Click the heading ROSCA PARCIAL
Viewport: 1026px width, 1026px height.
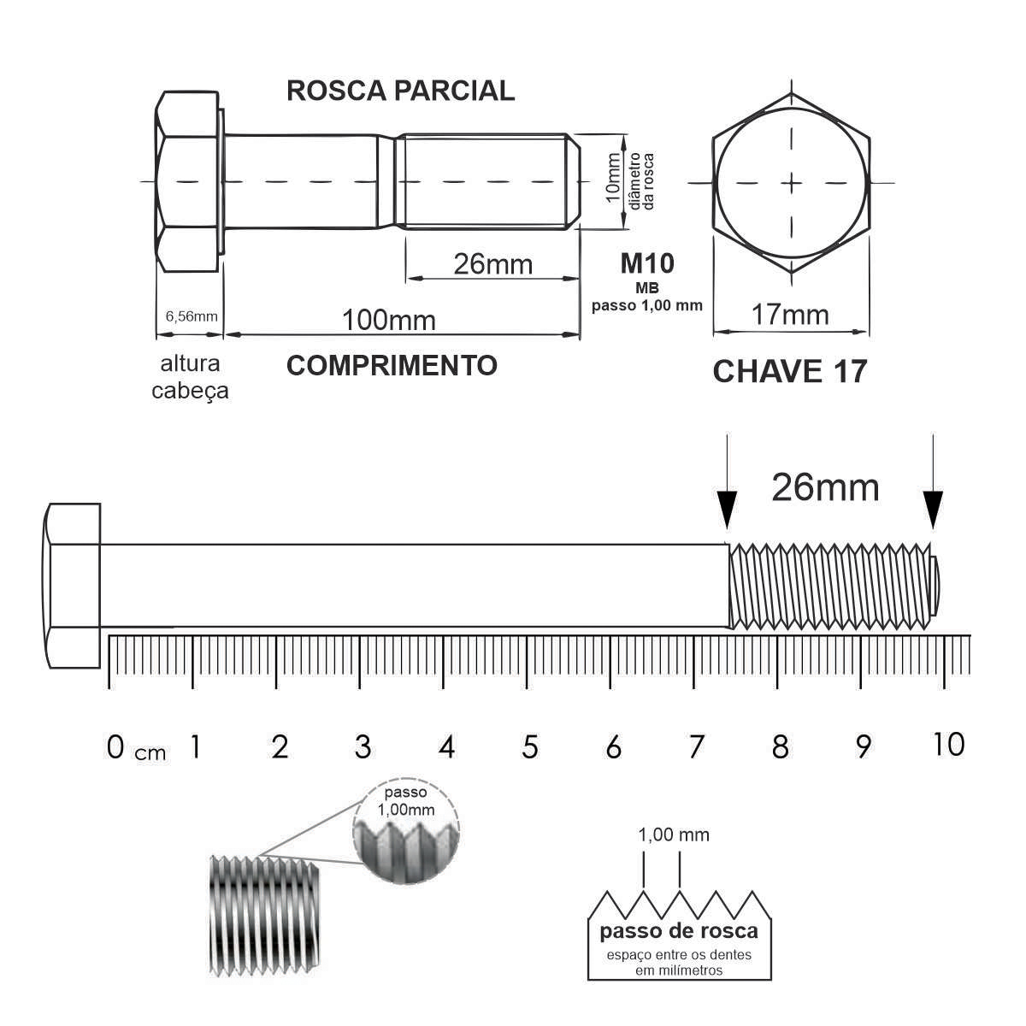click(x=400, y=91)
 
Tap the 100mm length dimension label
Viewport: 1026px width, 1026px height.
click(x=389, y=320)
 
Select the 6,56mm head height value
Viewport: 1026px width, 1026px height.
click(x=192, y=316)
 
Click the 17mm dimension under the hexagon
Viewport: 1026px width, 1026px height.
click(x=790, y=315)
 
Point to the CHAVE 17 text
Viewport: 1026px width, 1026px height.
click(x=790, y=371)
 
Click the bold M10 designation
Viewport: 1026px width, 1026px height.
click(x=647, y=263)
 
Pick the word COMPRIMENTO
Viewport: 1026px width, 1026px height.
click(x=392, y=365)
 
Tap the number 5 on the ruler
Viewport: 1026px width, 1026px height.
click(x=530, y=747)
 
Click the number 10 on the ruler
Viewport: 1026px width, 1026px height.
click(x=949, y=744)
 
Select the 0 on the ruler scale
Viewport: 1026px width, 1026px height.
click(x=115, y=747)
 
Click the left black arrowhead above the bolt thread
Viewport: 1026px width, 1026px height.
click(x=727, y=509)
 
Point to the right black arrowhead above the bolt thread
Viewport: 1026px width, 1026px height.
click(x=933, y=509)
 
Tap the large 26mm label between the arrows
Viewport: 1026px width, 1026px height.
click(x=825, y=487)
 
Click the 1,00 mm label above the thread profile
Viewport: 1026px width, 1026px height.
click(x=674, y=834)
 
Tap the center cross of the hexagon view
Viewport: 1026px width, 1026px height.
click(x=791, y=183)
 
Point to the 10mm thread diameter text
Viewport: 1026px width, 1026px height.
click(x=613, y=178)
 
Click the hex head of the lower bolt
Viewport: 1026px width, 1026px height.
click(x=73, y=586)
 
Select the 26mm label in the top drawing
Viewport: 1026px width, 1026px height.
click(x=493, y=264)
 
